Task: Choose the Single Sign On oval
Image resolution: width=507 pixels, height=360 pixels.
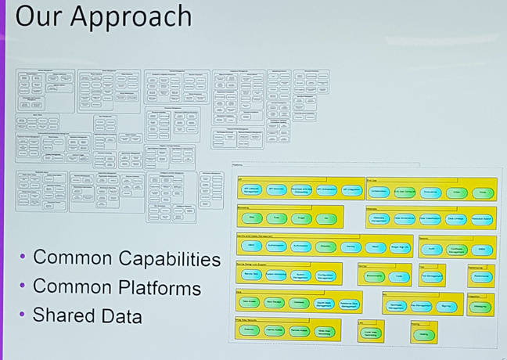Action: tap(399, 247)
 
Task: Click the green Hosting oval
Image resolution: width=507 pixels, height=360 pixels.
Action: tap(423, 333)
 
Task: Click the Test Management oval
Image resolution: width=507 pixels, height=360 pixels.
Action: tap(433, 276)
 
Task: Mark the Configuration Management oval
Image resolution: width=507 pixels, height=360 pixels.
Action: tap(326, 275)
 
